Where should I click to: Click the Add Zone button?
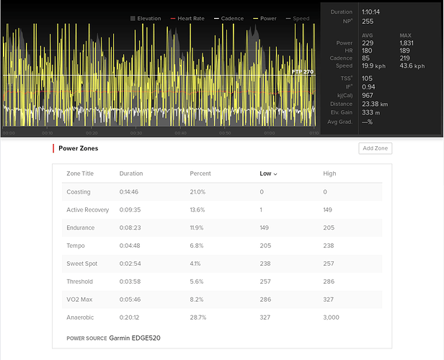[376, 148]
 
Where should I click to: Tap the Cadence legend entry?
[230, 19]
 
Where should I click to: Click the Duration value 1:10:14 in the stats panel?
[373, 12]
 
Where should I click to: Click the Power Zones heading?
[79, 148]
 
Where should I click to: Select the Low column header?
[266, 174]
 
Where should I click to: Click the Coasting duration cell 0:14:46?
[131, 192]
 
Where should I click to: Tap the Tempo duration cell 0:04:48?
[131, 246]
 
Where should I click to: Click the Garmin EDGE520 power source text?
[136, 338]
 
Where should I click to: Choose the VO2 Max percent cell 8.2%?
[198, 299]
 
